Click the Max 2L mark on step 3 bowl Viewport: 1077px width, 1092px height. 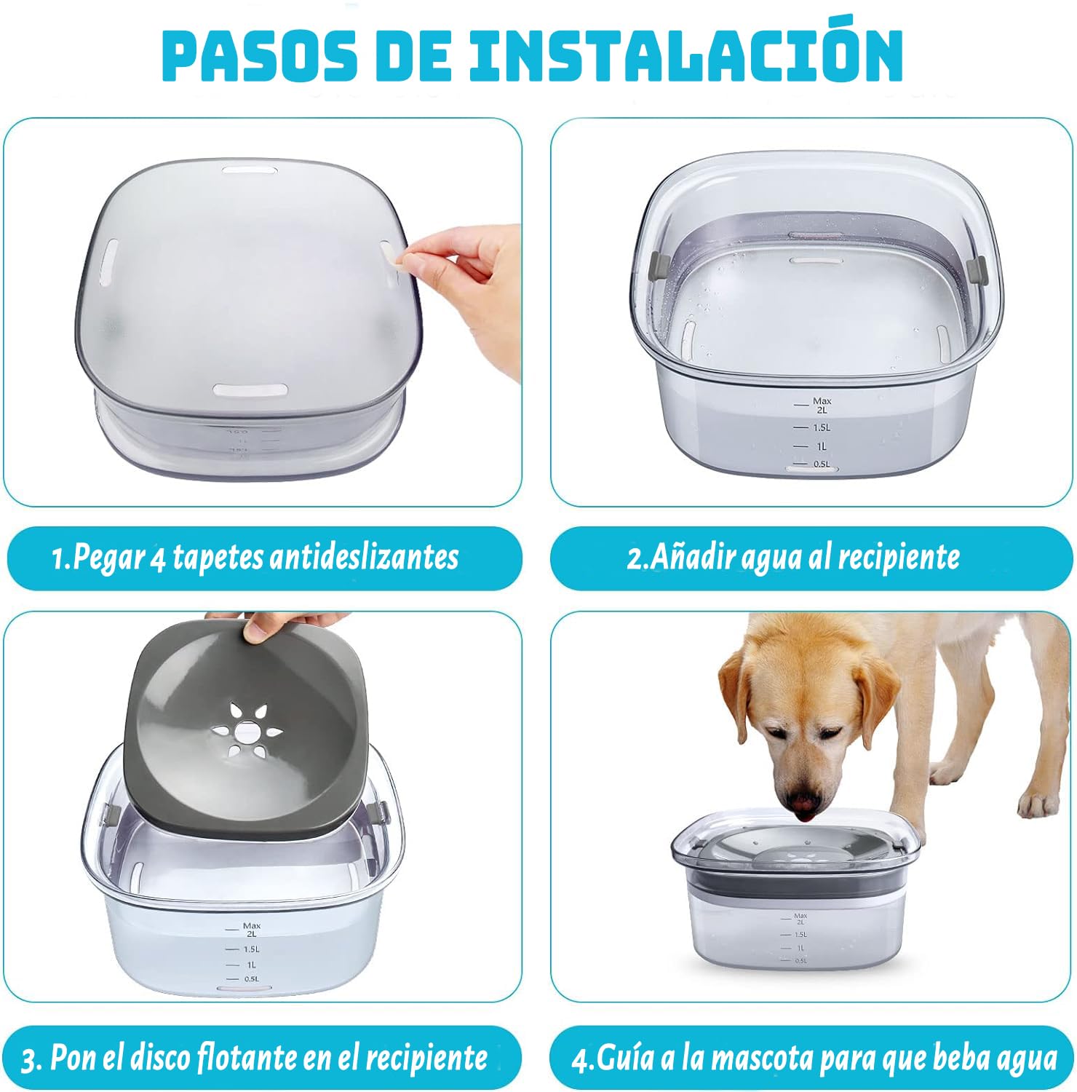tap(244, 929)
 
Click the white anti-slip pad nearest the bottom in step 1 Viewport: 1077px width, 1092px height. tap(250, 389)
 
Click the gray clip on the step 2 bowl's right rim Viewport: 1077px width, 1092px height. tap(979, 271)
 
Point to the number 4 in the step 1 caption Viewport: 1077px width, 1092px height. tap(159, 559)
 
